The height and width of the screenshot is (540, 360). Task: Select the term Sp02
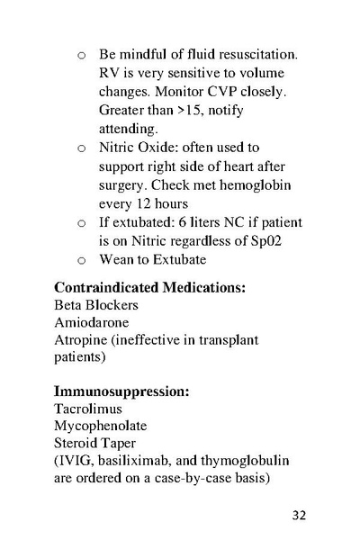coord(286,240)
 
